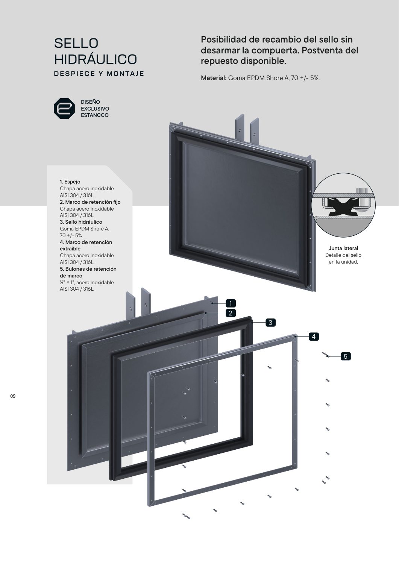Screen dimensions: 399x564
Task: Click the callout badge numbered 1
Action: click(x=231, y=303)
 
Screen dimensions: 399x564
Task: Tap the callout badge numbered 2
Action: click(x=231, y=313)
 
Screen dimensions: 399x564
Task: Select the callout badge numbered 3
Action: click(x=270, y=323)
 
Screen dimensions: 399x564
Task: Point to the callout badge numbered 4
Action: click(x=314, y=337)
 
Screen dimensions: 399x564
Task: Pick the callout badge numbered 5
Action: click(x=346, y=356)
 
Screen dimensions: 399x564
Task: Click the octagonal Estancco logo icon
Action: click(x=64, y=109)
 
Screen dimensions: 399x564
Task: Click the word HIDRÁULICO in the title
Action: click(x=96, y=59)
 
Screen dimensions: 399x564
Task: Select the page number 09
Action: click(x=12, y=396)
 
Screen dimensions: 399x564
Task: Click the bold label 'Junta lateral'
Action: click(x=343, y=248)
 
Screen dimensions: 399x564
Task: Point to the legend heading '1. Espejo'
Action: click(x=70, y=182)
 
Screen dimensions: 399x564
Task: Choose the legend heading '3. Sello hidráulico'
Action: click(x=81, y=222)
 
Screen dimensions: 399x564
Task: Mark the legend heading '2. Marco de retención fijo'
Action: click(x=90, y=202)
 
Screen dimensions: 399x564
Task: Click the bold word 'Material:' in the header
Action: click(x=214, y=78)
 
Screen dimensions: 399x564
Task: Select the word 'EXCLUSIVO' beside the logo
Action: click(x=95, y=109)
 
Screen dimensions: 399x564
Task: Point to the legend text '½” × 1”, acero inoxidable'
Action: click(x=87, y=282)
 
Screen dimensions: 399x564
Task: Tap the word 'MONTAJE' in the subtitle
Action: click(x=126, y=74)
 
